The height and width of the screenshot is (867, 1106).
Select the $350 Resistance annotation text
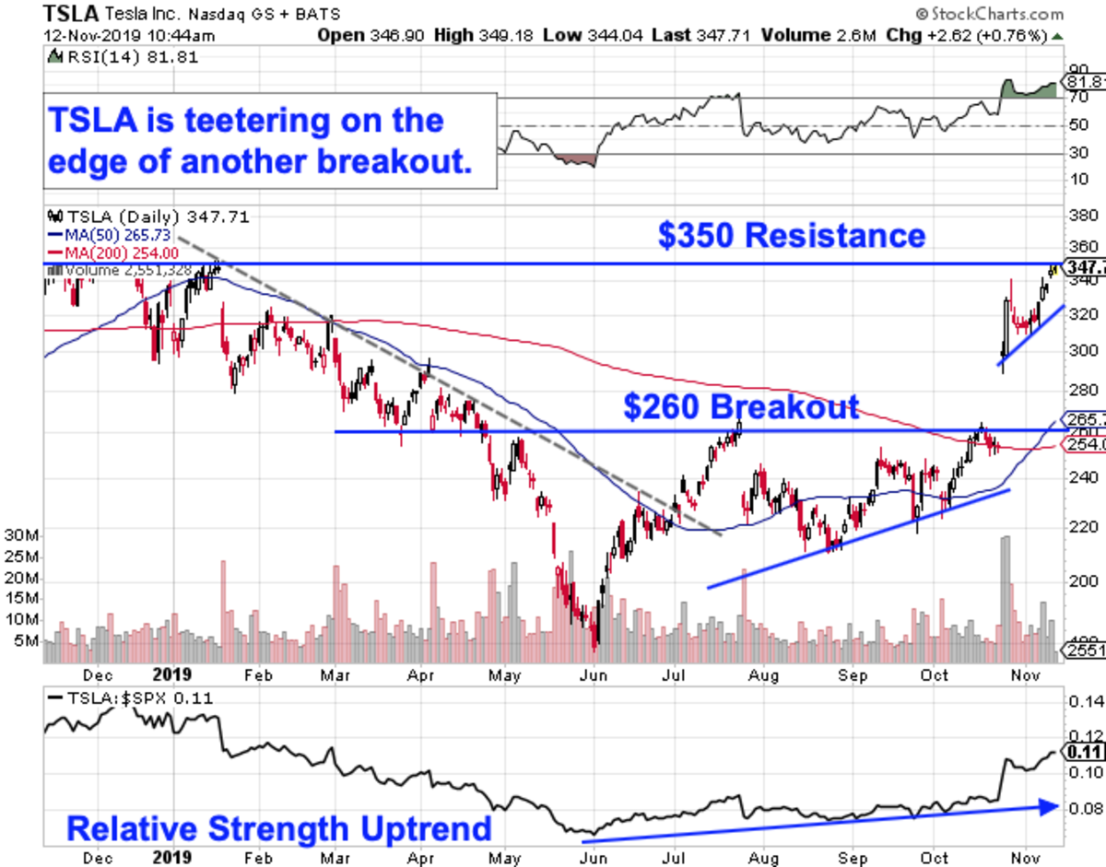click(791, 235)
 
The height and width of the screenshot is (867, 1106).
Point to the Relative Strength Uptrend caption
click(279, 828)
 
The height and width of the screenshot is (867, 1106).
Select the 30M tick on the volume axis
click(20, 535)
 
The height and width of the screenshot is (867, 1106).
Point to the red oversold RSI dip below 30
click(575, 160)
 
